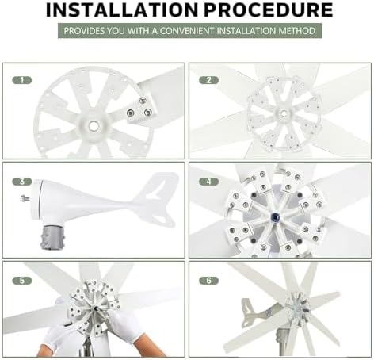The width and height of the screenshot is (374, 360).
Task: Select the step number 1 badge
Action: coord(24,80)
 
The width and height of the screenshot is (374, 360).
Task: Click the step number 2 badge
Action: coord(209,80)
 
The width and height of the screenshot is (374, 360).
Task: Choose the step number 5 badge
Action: coord(24,279)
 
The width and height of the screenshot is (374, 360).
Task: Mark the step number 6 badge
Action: coord(209,279)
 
